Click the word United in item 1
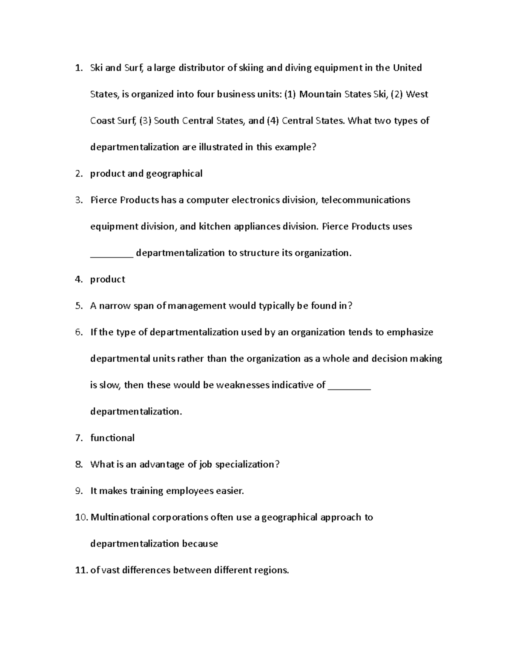pyautogui.click(x=407, y=68)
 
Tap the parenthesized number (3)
pyautogui.click(x=145, y=121)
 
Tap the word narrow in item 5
pyautogui.click(x=115, y=306)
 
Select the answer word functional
pyautogui.click(x=112, y=438)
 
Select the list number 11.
pyautogui.click(x=80, y=570)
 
